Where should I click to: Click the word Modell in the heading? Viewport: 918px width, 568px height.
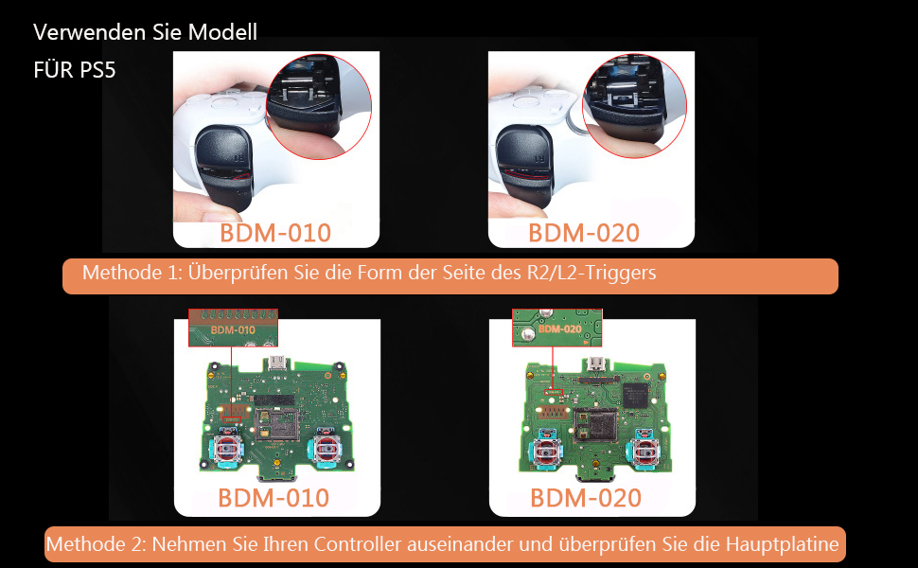(x=222, y=32)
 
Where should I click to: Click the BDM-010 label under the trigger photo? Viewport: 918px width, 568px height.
(x=275, y=233)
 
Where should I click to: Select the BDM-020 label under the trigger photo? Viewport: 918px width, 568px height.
(x=584, y=233)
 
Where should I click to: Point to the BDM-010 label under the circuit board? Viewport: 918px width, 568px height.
(x=274, y=498)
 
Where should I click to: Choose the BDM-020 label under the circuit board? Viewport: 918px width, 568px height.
(x=586, y=498)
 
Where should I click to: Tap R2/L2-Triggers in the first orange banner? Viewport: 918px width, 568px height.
(x=590, y=274)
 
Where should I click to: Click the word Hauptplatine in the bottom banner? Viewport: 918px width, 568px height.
(x=783, y=544)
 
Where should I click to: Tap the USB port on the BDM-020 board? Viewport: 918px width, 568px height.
(x=597, y=366)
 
